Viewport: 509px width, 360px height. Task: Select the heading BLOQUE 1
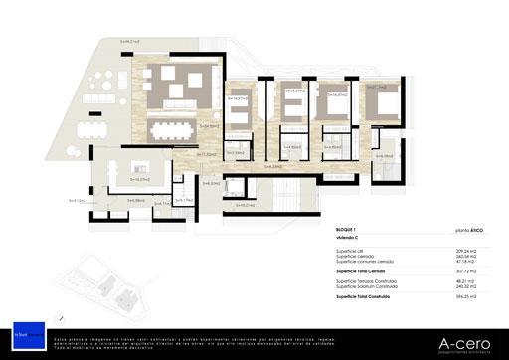350,228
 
